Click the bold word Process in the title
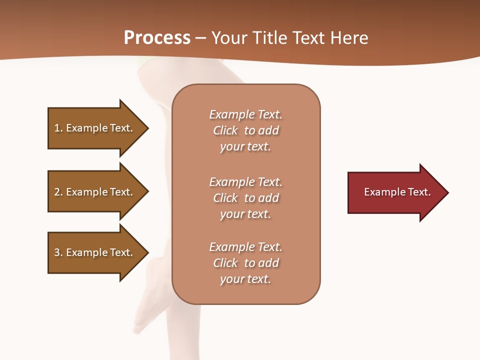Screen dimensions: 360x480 tap(157, 37)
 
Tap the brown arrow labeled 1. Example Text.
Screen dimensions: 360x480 tap(93, 128)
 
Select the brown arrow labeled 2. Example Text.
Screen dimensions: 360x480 tap(93, 192)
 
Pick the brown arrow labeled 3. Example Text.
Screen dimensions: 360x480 tap(93, 252)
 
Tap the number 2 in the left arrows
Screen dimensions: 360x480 tap(57, 192)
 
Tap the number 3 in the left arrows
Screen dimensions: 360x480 tap(57, 252)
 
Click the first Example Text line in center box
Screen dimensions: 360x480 tap(245, 114)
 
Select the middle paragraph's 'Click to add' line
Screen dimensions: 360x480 tap(245, 198)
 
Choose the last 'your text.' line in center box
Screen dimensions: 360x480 tap(245, 279)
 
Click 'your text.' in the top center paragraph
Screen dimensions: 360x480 tap(245, 146)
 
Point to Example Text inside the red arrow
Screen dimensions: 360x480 tap(397, 192)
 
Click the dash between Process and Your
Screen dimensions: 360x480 tap(200, 38)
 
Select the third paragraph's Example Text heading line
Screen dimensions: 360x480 tap(245, 247)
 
